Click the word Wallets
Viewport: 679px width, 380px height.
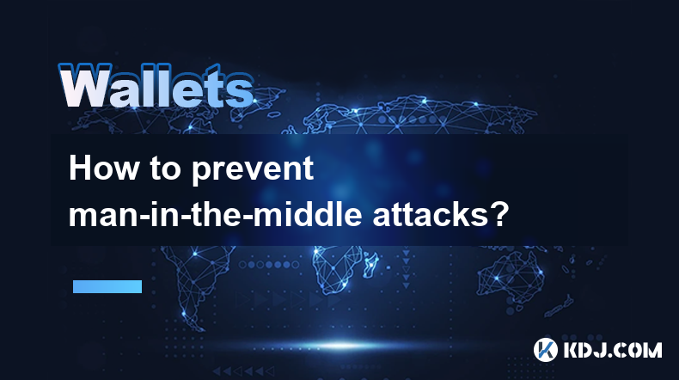(156, 86)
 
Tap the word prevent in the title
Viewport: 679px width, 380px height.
(253, 170)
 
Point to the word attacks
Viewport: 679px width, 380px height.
(431, 214)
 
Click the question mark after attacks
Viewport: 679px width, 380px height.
(499, 214)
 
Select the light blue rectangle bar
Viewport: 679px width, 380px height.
(107, 286)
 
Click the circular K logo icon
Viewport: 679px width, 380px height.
(546, 350)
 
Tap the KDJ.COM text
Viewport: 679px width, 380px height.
(613, 350)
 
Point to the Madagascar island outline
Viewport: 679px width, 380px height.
(371, 264)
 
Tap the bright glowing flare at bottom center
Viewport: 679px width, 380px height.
(341, 346)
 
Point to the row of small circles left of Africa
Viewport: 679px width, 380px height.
(269, 264)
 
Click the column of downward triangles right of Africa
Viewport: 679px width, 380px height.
(406, 268)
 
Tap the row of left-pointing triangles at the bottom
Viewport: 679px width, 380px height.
(243, 371)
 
